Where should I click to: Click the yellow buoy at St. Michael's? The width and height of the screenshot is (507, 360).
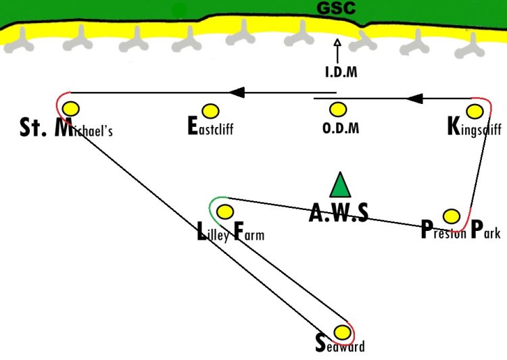71,109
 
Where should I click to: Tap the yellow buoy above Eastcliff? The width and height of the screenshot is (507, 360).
210,111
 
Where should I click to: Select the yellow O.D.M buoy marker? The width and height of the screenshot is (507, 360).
338,109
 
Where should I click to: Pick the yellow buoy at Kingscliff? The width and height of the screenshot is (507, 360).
475,111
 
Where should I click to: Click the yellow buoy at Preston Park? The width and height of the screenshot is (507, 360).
452,216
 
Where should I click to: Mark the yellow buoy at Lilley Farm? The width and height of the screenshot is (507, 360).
224,211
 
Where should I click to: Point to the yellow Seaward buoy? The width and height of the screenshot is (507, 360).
342,332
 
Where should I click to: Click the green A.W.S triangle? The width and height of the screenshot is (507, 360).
340,185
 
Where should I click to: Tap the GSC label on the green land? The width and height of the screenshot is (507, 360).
336,8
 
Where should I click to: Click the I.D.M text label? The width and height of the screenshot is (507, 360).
341,72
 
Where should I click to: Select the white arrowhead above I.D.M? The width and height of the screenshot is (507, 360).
337,43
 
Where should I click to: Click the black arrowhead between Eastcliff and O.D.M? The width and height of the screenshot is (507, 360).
237,93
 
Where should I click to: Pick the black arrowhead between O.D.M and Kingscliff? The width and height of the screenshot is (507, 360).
415,98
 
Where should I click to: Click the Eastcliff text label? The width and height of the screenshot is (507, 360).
210,126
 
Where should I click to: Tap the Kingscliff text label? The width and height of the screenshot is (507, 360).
475,127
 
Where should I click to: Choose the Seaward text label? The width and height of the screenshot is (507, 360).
340,344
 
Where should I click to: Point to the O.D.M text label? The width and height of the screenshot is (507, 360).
341,128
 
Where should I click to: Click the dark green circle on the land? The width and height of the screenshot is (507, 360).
179,11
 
